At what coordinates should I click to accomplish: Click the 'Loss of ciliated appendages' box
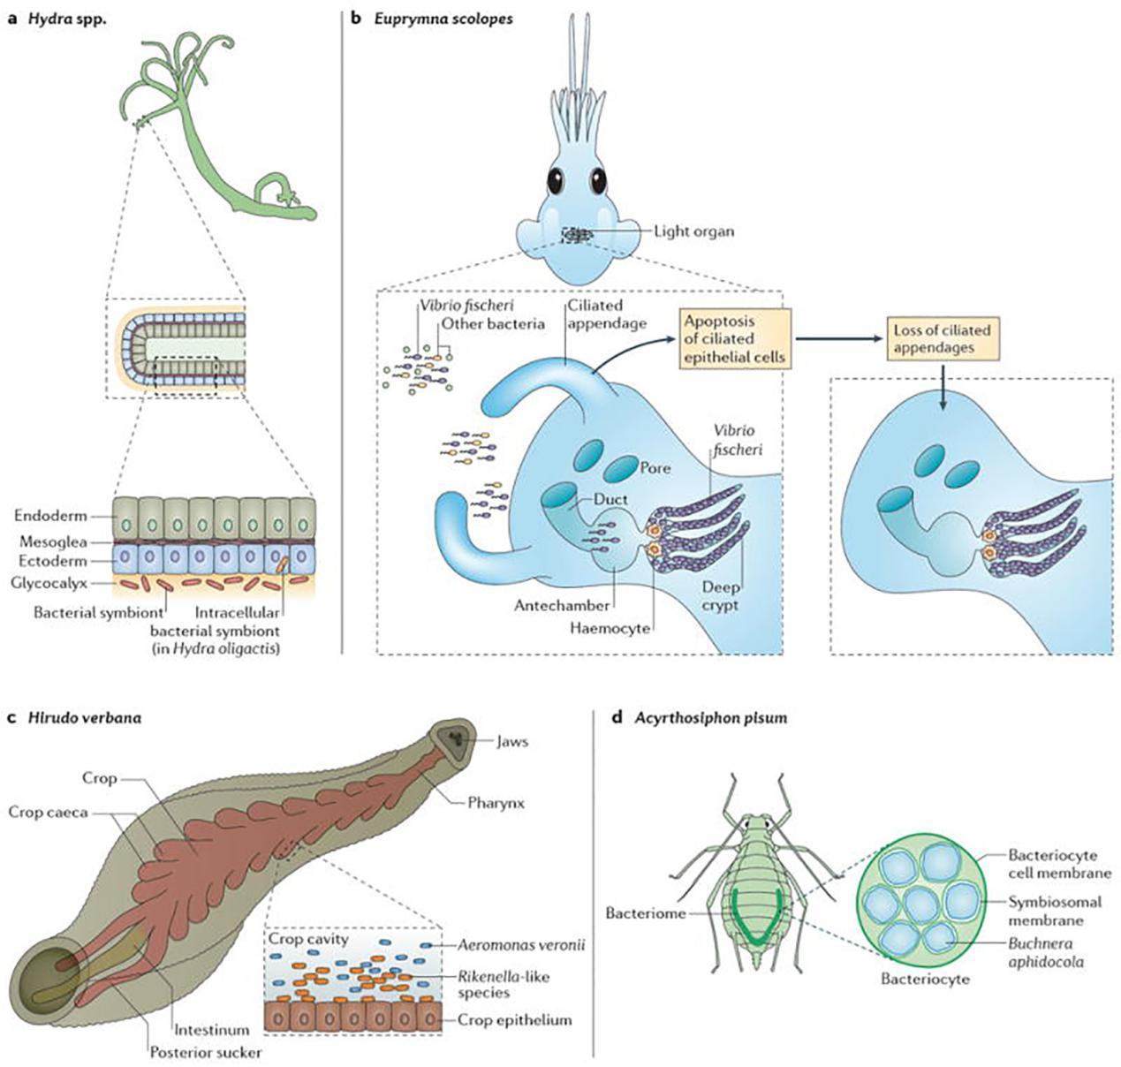[942, 339]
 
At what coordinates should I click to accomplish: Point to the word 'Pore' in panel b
[655, 468]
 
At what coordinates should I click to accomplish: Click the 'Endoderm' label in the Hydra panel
[50, 516]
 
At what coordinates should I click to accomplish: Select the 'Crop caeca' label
[49, 811]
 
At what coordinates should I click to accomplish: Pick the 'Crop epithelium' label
[514, 1019]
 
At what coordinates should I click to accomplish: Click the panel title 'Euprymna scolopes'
[440, 18]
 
